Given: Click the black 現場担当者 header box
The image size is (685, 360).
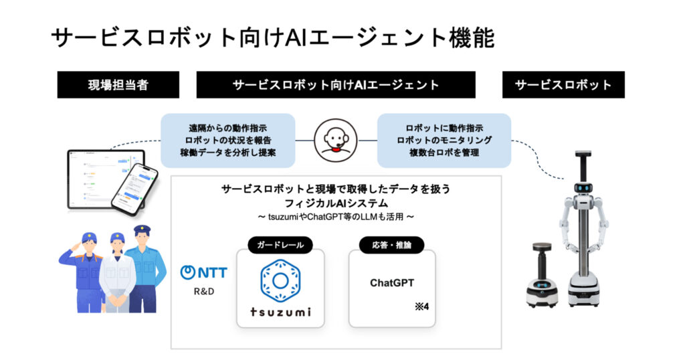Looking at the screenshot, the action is coord(118,85).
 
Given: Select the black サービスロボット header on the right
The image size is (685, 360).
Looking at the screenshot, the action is coord(563,85).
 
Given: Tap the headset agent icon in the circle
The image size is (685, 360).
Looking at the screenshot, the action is coord(336,141).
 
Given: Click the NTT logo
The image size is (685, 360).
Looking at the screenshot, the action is coord(203,272).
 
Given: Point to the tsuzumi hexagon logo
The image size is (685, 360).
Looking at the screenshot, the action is coord(280,280).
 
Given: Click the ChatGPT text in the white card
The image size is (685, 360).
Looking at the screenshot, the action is coord(392,283).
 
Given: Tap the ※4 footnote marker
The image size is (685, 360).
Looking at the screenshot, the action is coord(422,306).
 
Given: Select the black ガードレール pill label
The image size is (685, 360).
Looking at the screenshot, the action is coord(280,245).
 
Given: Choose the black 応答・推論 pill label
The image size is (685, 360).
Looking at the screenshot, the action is coord(391,245).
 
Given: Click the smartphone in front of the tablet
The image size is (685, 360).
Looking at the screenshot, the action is coord(134,189).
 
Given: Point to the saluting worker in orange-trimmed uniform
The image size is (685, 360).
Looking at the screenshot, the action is coord(83,272).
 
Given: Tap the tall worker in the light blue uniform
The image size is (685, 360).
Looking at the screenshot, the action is coord(144,269).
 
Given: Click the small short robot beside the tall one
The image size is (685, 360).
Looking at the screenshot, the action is coord(542,275).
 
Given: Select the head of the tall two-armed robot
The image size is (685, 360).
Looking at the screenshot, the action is coord(583,187).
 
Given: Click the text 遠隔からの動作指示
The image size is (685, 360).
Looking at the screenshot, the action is coord(227,128).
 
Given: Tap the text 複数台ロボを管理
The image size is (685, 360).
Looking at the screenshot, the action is coord(444,153).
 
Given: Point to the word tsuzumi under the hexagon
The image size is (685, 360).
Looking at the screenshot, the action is coord(280,312).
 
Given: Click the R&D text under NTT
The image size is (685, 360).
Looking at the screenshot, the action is coord(204,291).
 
